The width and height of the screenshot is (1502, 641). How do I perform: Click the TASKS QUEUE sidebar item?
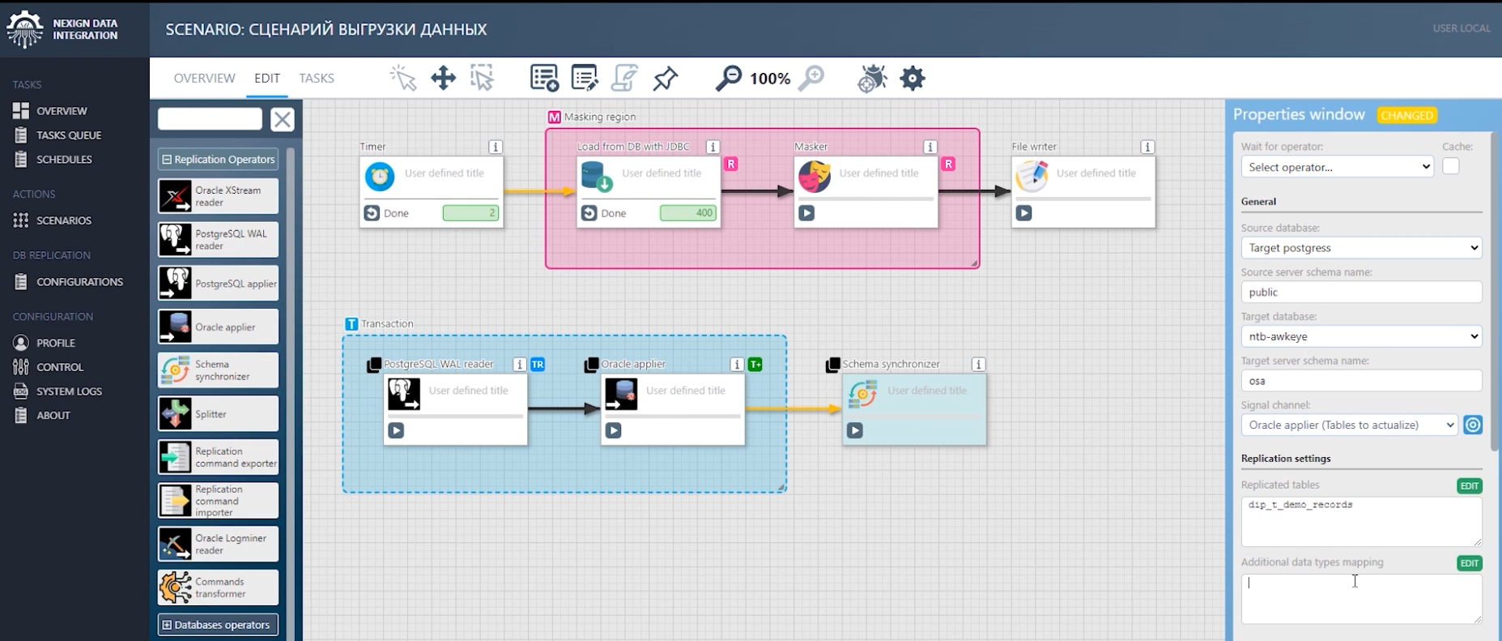pos(68,135)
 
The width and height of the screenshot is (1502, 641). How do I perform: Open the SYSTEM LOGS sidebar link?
pos(68,391)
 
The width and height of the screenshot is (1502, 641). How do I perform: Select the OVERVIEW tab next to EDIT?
pos(204,79)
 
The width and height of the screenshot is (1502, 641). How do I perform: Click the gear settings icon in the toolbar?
pos(913,79)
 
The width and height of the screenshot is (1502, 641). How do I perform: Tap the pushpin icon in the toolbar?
pos(666,79)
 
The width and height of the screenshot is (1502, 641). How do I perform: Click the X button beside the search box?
pos(282,120)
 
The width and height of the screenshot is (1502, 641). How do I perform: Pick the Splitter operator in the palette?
pos(218,414)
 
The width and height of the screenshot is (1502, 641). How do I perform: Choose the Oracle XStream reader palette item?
pos(218,196)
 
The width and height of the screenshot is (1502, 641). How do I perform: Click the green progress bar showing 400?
pos(687,213)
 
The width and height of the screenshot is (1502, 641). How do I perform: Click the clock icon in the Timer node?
pos(380,176)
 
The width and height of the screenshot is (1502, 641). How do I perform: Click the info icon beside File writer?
pos(1147,147)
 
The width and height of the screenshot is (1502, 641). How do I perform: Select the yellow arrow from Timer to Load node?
pos(538,192)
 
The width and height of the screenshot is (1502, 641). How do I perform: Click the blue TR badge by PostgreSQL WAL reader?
pos(538,365)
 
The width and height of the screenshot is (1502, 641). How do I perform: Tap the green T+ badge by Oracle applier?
pos(755,365)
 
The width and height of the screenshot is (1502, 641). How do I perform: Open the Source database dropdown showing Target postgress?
pos(1361,248)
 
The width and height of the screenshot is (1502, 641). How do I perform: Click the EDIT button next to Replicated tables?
pos(1469,486)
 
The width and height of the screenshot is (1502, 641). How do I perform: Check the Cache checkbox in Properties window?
pos(1450,166)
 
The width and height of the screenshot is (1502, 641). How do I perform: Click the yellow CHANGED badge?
pos(1407,115)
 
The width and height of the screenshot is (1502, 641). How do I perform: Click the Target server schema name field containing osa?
pos(1361,381)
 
